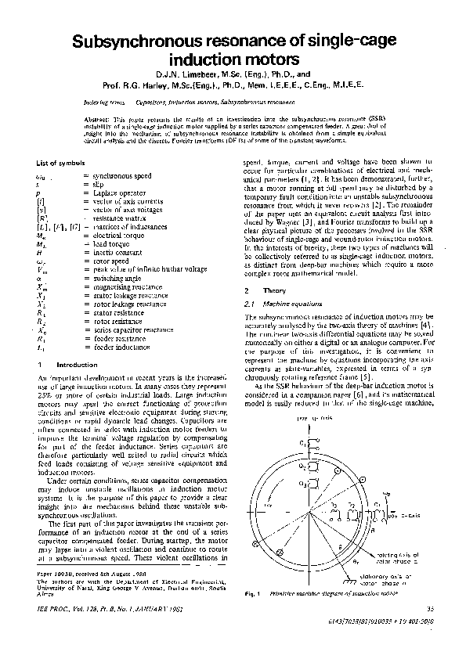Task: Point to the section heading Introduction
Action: point(78,365)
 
